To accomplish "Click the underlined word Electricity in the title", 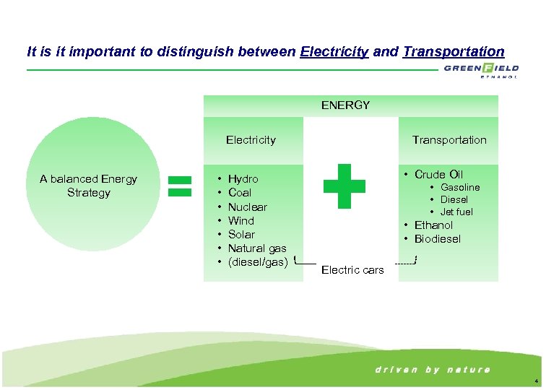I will [334, 52].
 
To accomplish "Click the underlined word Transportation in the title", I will [454, 52].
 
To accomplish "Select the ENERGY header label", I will [345, 105].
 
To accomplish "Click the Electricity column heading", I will [251, 140].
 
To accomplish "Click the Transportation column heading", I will [449, 140].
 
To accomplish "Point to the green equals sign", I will [180, 185].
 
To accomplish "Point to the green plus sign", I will [344, 186].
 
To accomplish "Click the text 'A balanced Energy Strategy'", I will [88, 186].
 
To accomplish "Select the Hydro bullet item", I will [243, 179].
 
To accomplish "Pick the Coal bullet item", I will [240, 193].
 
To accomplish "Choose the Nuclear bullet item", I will [248, 207].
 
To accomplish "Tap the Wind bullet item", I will [241, 221].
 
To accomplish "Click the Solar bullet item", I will [241, 235].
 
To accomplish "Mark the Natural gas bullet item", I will [257, 248].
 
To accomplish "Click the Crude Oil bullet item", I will [438, 175].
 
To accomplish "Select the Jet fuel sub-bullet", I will [456, 212].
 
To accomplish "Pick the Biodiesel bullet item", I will [437, 239].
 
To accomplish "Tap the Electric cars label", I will [352, 270].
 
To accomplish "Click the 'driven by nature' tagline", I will [433, 370].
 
